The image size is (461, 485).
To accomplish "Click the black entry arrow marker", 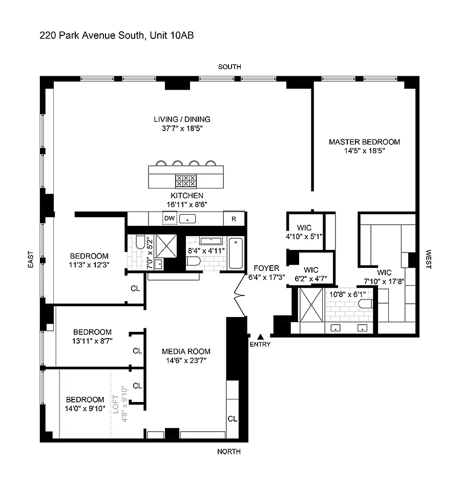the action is [x=261, y=337].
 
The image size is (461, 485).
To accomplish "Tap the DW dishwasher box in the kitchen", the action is [x=170, y=218].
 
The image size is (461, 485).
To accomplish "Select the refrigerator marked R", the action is [x=234, y=219].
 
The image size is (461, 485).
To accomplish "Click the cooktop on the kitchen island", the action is [x=185, y=181].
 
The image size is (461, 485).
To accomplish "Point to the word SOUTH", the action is [x=229, y=67].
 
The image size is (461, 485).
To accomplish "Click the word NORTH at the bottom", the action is [x=229, y=452].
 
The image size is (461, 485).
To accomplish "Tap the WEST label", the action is [x=428, y=259].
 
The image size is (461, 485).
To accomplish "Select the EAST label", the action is [x=30, y=259].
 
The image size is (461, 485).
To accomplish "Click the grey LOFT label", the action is [x=116, y=404].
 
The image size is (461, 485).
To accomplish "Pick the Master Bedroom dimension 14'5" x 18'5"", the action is [x=365, y=151].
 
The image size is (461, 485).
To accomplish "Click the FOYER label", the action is [x=266, y=268].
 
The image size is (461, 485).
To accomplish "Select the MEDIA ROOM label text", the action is [x=186, y=351].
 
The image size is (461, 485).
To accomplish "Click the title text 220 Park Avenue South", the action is [x=92, y=35].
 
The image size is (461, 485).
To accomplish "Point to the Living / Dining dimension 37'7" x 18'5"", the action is [x=182, y=128].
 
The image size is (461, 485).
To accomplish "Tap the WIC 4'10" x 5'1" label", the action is [x=304, y=232].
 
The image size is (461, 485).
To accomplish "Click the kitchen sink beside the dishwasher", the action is [x=187, y=219].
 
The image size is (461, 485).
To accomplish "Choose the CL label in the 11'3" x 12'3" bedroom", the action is [x=135, y=288].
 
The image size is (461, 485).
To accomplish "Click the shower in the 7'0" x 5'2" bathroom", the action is [x=166, y=246].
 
